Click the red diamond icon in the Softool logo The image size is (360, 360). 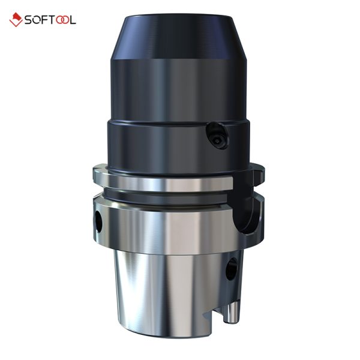(16, 20)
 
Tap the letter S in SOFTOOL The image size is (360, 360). (28, 20)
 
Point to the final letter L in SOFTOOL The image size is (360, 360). (72, 20)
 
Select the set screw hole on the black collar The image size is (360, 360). (217, 136)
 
